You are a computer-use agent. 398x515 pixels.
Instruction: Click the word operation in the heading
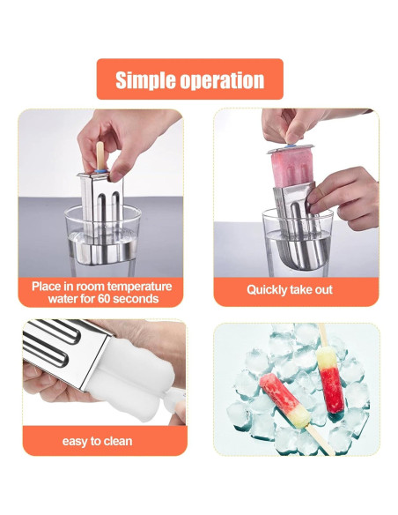(x=224, y=81)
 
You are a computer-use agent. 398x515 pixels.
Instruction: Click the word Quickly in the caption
(x=269, y=289)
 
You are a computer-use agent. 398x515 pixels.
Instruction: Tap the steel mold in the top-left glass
(x=105, y=204)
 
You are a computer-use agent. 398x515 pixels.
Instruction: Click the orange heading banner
(x=189, y=79)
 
